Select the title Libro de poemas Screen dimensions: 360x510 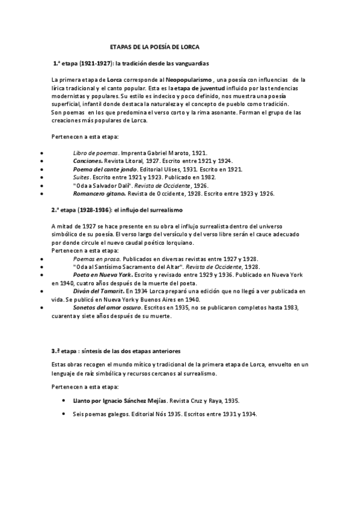(95, 153)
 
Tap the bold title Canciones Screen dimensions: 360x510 (88, 161)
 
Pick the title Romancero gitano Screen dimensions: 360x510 (99, 194)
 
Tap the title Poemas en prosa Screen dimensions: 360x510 (94, 257)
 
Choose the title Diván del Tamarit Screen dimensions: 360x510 (98, 290)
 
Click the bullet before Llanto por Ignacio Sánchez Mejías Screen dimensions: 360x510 (65, 399)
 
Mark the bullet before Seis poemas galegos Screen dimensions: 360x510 (65, 413)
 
